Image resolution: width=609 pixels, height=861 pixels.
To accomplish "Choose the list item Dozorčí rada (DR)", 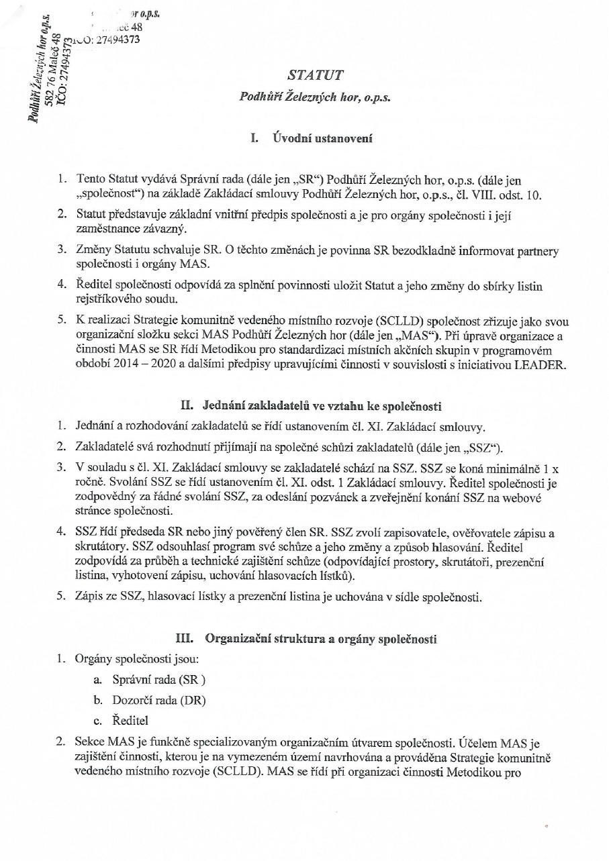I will pos(158,700).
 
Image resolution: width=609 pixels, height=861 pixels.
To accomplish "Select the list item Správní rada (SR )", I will pos(158,679).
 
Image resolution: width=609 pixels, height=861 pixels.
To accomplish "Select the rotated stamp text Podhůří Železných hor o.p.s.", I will pos(33,74).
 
